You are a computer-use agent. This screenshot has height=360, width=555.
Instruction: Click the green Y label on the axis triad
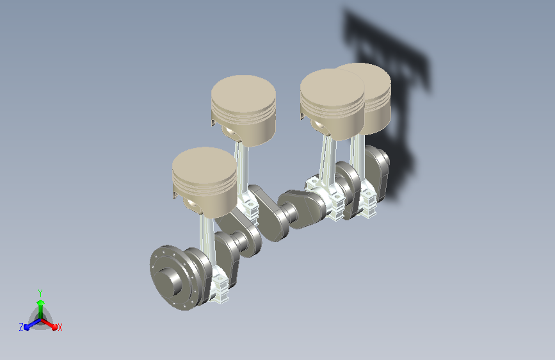pyautogui.click(x=40, y=293)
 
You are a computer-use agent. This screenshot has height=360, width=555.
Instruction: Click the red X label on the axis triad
pyautogui.click(x=60, y=327)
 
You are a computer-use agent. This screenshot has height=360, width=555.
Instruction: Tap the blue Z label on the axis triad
pyautogui.click(x=21, y=327)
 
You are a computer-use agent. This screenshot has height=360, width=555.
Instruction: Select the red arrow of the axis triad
pyautogui.click(x=49, y=324)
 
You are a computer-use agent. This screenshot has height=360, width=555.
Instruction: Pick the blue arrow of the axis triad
pyautogui.click(x=33, y=324)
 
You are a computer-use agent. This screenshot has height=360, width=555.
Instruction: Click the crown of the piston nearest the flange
pyautogui.click(x=205, y=165)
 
